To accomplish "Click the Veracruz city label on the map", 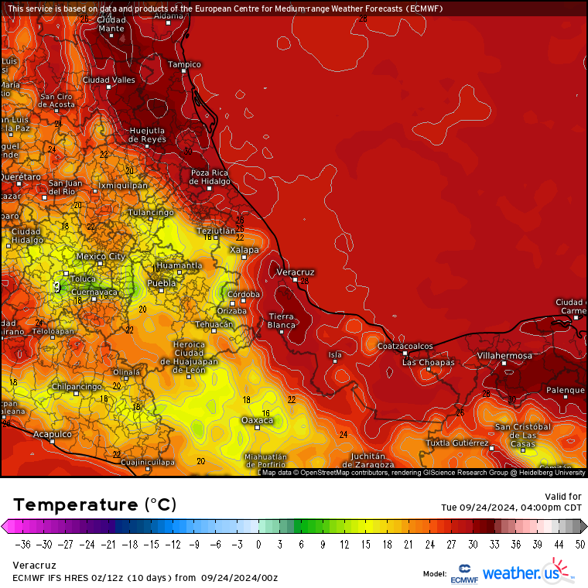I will [x=295, y=272].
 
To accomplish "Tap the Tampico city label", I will [x=184, y=65].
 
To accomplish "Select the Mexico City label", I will [x=101, y=256].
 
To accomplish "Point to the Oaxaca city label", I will [x=257, y=420].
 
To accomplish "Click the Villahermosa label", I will [x=504, y=356].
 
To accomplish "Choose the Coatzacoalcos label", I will [x=405, y=346].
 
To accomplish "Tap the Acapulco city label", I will [x=53, y=434].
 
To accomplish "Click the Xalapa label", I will [x=244, y=250].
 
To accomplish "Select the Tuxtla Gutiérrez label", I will [x=457, y=443].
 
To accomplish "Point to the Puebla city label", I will [x=162, y=283].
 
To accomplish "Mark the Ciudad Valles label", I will [x=109, y=80].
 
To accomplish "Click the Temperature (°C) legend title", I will [x=94, y=504].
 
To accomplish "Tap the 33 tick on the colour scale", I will [x=494, y=544].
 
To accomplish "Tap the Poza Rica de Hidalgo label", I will [x=210, y=176].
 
